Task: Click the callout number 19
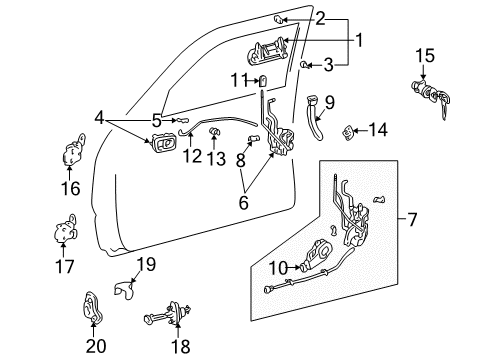(147, 264)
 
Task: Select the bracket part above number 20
(96, 307)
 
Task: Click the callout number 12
(191, 157)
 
